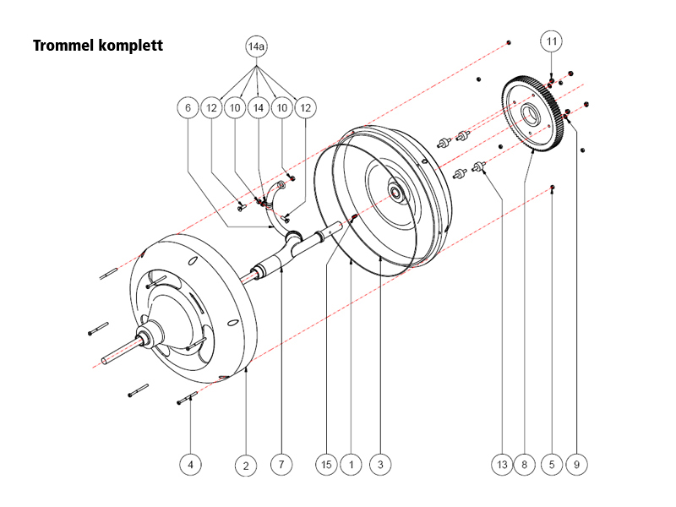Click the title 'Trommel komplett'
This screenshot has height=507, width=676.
(x=97, y=44)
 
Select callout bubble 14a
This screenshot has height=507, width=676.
(x=256, y=47)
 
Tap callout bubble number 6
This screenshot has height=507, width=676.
(x=188, y=107)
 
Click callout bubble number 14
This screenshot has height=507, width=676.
(x=257, y=107)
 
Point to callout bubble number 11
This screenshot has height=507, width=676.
(x=551, y=41)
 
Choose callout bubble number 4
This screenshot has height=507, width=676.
(x=191, y=464)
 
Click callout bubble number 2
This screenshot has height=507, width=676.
(x=245, y=464)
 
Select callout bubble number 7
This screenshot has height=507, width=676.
(x=281, y=464)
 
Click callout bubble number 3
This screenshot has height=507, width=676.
(x=381, y=464)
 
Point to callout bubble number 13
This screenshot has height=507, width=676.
(x=502, y=464)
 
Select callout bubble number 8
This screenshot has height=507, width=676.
(x=525, y=464)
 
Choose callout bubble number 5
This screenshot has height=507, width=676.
(x=552, y=464)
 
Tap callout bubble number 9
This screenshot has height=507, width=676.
(x=579, y=464)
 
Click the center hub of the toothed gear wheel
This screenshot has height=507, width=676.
(x=531, y=115)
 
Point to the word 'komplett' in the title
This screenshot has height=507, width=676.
(x=131, y=44)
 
